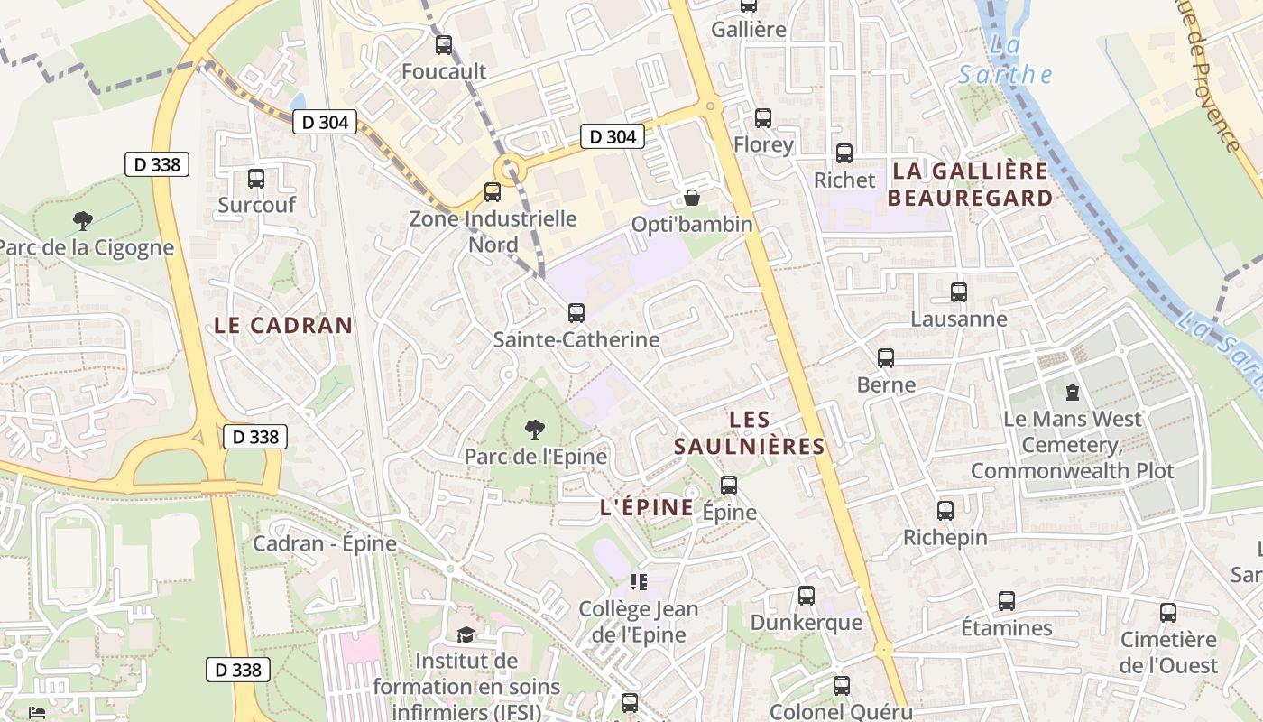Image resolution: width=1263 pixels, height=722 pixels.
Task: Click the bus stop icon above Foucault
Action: [444, 45]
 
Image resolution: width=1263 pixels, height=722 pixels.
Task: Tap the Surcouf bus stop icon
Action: [256, 179]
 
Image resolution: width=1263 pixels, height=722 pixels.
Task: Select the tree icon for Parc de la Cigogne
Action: [83, 220]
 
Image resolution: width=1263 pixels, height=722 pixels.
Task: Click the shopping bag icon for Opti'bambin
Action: [692, 198]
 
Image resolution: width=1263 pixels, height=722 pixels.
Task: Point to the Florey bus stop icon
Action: [763, 118]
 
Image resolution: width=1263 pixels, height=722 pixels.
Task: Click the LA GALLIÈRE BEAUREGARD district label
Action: [970, 184]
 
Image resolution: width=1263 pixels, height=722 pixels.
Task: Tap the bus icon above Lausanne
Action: [959, 292]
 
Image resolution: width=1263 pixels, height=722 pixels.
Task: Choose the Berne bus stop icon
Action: [886, 358]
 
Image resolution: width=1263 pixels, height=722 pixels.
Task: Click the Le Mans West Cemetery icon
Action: [1072, 393]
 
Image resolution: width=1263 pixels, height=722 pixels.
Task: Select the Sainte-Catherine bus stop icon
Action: [576, 313]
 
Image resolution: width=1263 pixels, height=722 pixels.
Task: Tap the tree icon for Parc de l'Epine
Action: [535, 429]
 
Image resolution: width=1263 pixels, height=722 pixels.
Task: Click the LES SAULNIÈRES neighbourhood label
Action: [750, 432]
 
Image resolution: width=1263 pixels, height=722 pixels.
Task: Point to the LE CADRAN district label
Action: [283, 326]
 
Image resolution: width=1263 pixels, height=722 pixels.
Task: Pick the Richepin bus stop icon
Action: [945, 511]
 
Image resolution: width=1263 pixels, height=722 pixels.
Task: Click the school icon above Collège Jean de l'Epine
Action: [639, 582]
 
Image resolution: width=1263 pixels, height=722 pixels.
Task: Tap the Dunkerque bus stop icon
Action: [807, 596]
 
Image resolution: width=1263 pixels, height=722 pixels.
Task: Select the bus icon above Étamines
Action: [1007, 601]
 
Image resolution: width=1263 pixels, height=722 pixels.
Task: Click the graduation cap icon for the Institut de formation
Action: [466, 635]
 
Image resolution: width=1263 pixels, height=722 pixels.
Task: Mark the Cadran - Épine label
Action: [325, 543]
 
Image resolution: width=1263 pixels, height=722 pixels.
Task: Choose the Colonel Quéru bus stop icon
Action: [842, 686]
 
